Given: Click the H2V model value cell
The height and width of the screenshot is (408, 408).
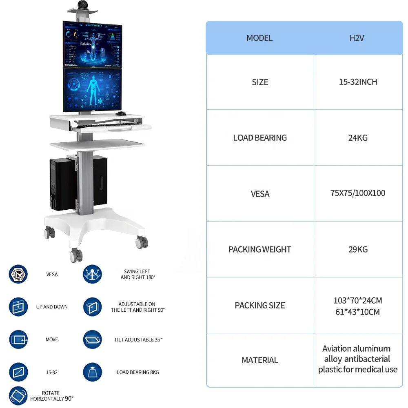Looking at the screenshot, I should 357,38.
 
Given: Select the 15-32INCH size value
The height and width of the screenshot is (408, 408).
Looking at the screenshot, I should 358,82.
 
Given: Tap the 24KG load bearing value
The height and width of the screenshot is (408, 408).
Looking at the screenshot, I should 358,138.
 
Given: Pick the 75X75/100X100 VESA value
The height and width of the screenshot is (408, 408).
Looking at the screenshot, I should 358,193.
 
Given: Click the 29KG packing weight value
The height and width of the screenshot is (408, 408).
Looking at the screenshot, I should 358,249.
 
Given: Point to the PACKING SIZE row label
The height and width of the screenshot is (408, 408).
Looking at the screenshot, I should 260,306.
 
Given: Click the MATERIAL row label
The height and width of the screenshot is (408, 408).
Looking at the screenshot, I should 260,360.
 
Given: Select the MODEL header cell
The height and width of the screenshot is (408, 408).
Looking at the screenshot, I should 259,38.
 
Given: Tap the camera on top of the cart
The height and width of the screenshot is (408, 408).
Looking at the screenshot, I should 83,5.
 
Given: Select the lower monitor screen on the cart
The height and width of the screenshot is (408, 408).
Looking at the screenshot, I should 93,89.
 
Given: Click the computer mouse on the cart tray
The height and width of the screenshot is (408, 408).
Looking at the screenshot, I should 121,113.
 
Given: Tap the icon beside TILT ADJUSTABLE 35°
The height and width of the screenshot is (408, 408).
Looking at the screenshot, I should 93,339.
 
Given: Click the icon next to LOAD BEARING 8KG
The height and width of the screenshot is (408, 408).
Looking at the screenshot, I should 93,372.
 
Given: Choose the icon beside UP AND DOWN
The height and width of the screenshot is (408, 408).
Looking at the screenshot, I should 18,307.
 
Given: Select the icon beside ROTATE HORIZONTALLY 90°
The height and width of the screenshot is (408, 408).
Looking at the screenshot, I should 18,396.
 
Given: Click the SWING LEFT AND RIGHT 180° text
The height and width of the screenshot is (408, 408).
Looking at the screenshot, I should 137,274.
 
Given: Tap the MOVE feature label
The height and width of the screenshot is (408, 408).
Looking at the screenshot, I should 52,339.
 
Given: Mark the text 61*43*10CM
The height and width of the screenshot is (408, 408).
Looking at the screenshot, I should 358,312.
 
